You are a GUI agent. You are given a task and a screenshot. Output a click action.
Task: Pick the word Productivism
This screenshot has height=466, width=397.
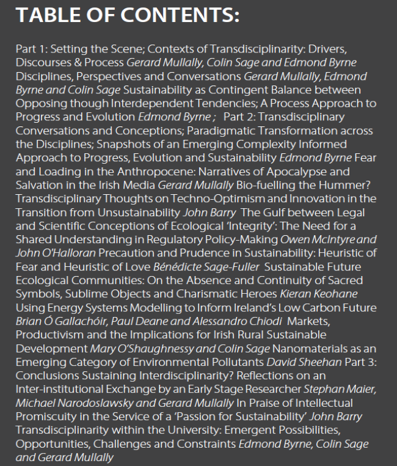click(49, 335)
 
